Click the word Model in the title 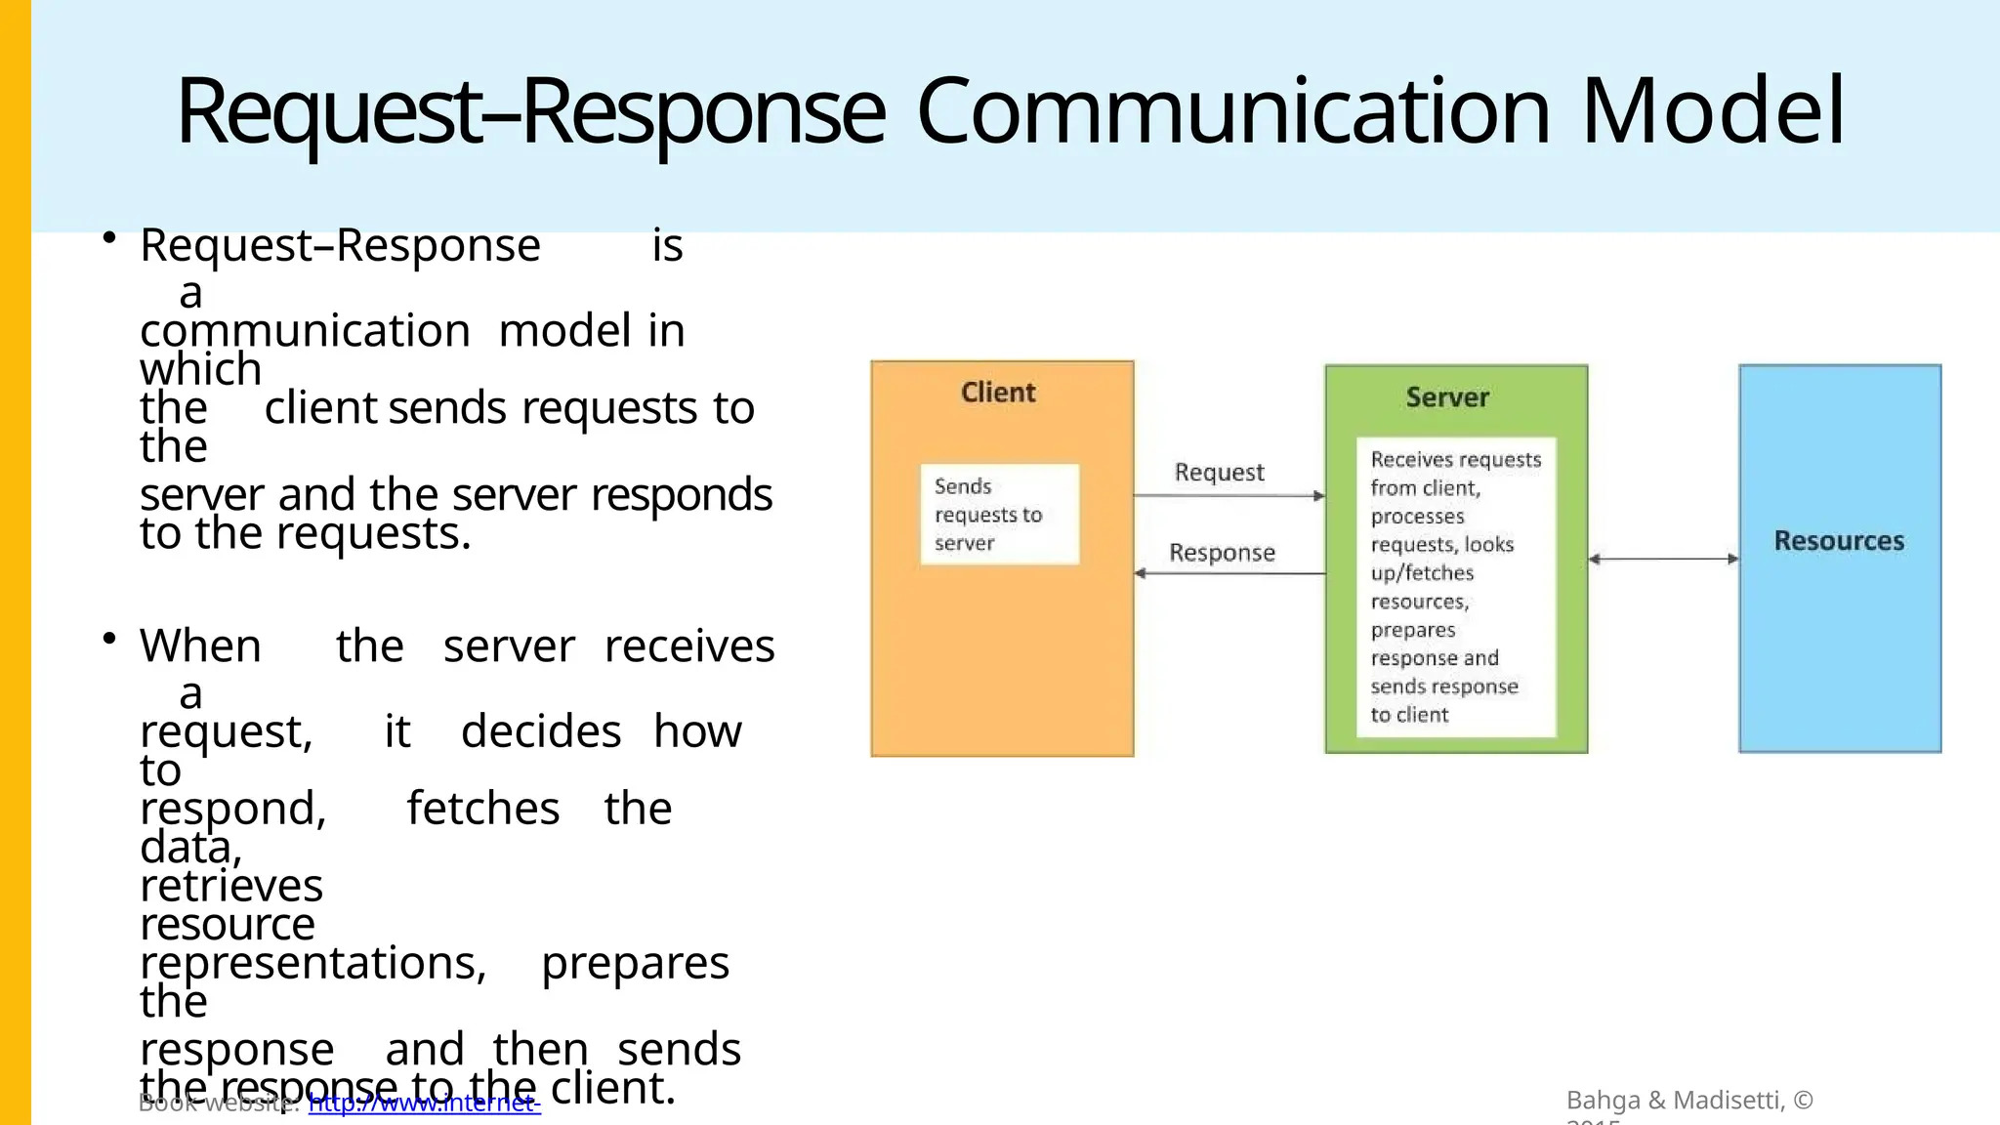pos(1713,111)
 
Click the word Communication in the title pos(1233,111)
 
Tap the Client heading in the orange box pos(997,393)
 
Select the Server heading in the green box pos(1447,397)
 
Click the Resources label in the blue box pos(1839,541)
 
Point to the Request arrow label pos(1219,473)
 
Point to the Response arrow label pos(1222,553)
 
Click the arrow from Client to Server pos(1229,496)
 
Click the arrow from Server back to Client pos(1229,573)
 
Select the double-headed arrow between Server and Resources pos(1663,559)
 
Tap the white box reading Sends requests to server pos(999,515)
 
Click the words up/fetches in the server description pos(1422,573)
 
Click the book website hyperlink pos(424,1104)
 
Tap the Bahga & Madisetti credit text pos(1688,1101)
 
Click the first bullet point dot pos(109,238)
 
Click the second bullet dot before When pos(109,639)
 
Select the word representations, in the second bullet pos(312,963)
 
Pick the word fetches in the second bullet pos(482,809)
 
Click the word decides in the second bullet pos(540,731)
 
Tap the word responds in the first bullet pos(681,494)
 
